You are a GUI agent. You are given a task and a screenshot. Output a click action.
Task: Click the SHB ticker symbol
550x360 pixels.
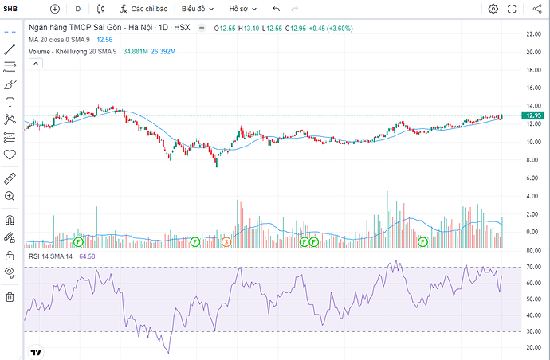tap(10, 9)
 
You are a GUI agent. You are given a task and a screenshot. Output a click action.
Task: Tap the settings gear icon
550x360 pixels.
tap(493, 9)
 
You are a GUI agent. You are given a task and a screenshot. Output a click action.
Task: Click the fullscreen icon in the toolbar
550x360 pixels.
tap(512, 9)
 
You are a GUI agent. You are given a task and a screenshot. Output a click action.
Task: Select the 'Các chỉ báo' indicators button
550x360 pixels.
tap(143, 9)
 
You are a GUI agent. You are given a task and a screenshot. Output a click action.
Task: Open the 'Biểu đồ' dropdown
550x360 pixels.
tap(198, 9)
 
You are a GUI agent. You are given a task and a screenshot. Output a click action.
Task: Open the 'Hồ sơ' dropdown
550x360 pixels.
tap(243, 9)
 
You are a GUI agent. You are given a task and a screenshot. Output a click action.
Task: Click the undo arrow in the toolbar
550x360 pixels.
tap(277, 9)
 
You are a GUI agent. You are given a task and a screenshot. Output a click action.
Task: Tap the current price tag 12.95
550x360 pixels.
tap(532, 115)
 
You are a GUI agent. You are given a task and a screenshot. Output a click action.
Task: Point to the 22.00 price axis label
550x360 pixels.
tap(534, 34)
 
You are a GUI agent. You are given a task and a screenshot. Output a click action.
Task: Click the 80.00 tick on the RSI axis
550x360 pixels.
tap(534, 251)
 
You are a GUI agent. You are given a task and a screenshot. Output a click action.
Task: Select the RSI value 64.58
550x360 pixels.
tap(87, 256)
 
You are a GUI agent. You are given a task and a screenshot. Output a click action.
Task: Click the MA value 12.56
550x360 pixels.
tap(104, 40)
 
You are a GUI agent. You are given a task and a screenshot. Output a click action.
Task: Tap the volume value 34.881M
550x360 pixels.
tap(136, 52)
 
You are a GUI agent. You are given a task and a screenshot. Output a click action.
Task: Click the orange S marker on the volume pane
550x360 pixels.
tap(226, 241)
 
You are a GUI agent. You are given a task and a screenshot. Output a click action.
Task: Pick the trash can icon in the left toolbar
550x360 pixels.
tap(10, 297)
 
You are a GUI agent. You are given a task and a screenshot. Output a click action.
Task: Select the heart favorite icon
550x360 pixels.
tap(10, 155)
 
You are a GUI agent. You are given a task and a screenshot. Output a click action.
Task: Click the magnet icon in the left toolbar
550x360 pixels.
tap(10, 220)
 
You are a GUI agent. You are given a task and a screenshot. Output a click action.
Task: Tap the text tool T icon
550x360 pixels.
tap(10, 102)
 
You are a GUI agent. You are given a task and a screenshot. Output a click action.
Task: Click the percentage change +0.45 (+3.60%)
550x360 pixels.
tap(331, 29)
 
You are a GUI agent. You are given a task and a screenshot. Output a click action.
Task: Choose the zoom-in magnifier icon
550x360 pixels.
tap(10, 196)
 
